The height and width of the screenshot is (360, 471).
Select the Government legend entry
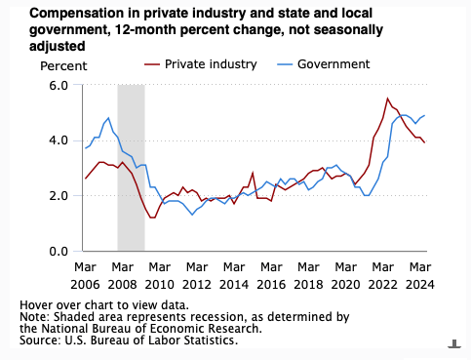click(334, 64)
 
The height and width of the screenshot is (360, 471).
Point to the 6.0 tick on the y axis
click(58, 85)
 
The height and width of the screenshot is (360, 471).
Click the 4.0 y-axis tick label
click(58, 140)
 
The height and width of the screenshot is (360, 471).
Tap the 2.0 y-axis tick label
click(58, 195)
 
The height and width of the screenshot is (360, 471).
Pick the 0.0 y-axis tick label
click(58, 251)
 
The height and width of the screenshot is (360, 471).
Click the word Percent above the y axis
click(62, 65)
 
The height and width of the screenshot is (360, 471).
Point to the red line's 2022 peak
click(388, 99)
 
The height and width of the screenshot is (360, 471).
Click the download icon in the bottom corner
click(454, 342)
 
